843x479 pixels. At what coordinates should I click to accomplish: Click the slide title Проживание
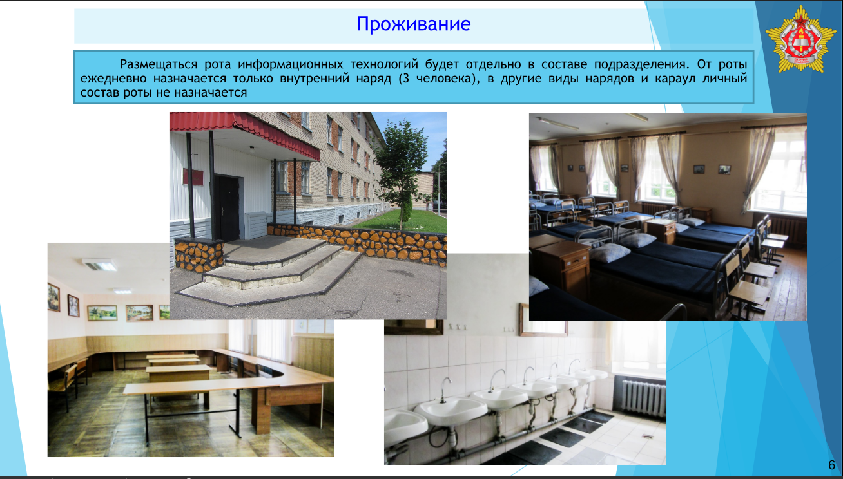click(x=413, y=24)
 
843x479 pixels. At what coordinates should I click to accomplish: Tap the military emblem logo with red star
click(x=800, y=39)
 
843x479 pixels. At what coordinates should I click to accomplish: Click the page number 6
click(x=831, y=465)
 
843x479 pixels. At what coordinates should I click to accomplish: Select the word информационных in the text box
click(x=290, y=64)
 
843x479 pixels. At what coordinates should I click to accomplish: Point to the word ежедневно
click(x=115, y=79)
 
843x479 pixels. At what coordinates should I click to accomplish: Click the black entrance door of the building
click(x=227, y=207)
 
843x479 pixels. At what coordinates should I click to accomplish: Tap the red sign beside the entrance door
click(x=193, y=176)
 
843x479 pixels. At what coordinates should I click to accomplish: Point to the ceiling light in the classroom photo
click(x=100, y=265)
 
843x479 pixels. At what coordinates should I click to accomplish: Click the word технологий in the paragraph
click(x=384, y=64)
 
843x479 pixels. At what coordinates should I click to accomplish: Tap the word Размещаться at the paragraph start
click(x=159, y=64)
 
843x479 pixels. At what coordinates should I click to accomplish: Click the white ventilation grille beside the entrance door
click(x=257, y=225)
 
